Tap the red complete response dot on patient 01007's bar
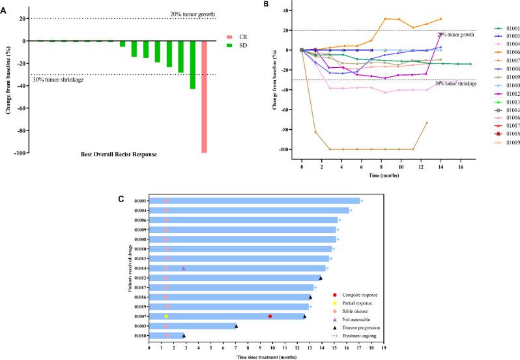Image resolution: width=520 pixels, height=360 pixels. pos(270,316)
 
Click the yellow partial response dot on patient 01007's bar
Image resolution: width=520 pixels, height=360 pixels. pos(167,316)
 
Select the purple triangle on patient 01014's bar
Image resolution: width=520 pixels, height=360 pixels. pos(184,268)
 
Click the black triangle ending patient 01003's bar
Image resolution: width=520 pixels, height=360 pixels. pos(237,326)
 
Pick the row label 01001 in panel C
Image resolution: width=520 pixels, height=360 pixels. pos(139,201)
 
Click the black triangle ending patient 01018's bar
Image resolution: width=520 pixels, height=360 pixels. pos(184,336)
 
